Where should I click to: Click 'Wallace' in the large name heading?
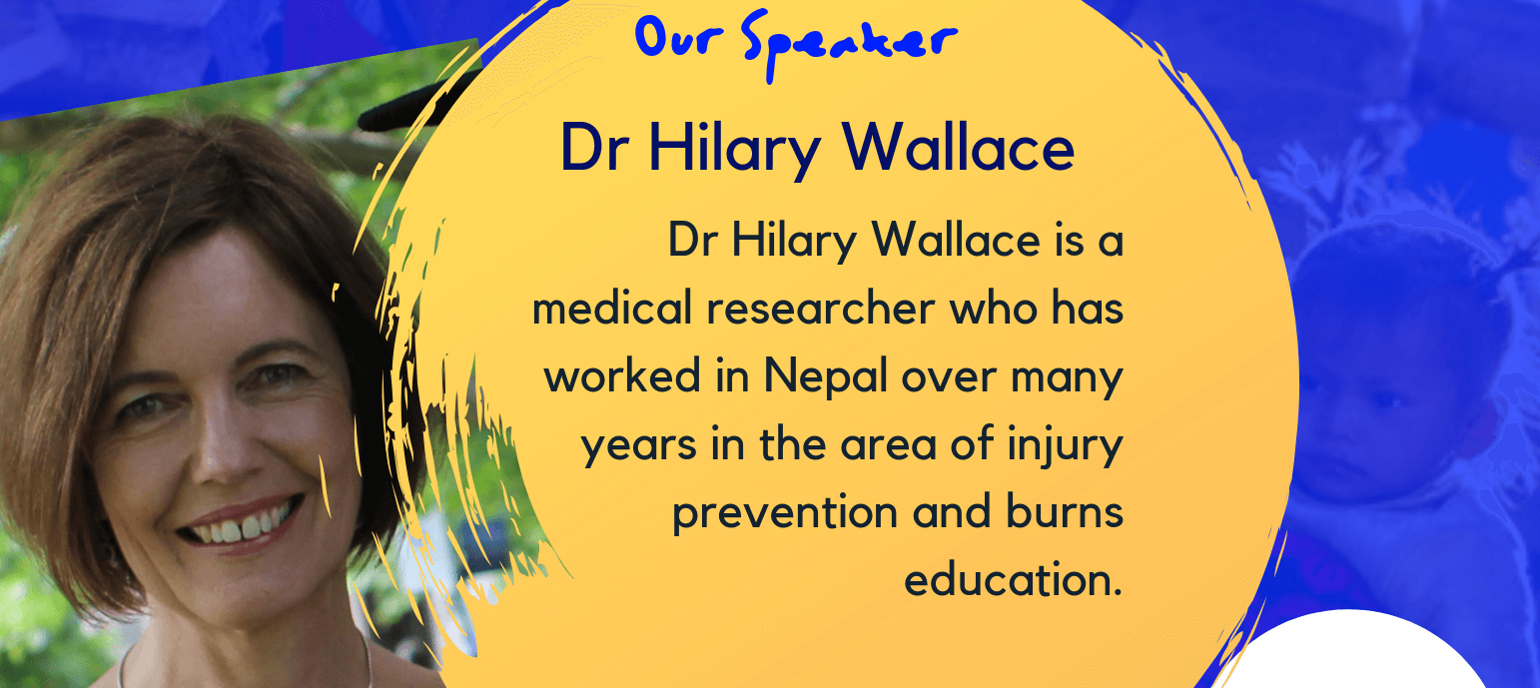pos(959,147)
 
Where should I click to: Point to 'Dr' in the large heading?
pos(594,147)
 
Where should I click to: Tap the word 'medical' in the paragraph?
pos(611,308)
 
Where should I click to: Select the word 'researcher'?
pos(821,308)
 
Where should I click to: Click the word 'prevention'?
pos(785,512)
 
